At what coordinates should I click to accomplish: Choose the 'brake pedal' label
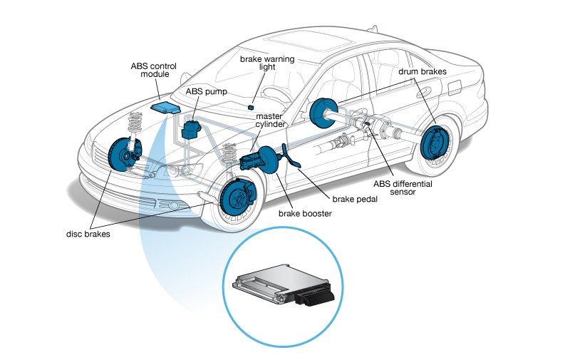[x=353, y=200]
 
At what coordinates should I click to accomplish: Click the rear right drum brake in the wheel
[x=433, y=144]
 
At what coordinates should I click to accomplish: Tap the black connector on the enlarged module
[x=313, y=295]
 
